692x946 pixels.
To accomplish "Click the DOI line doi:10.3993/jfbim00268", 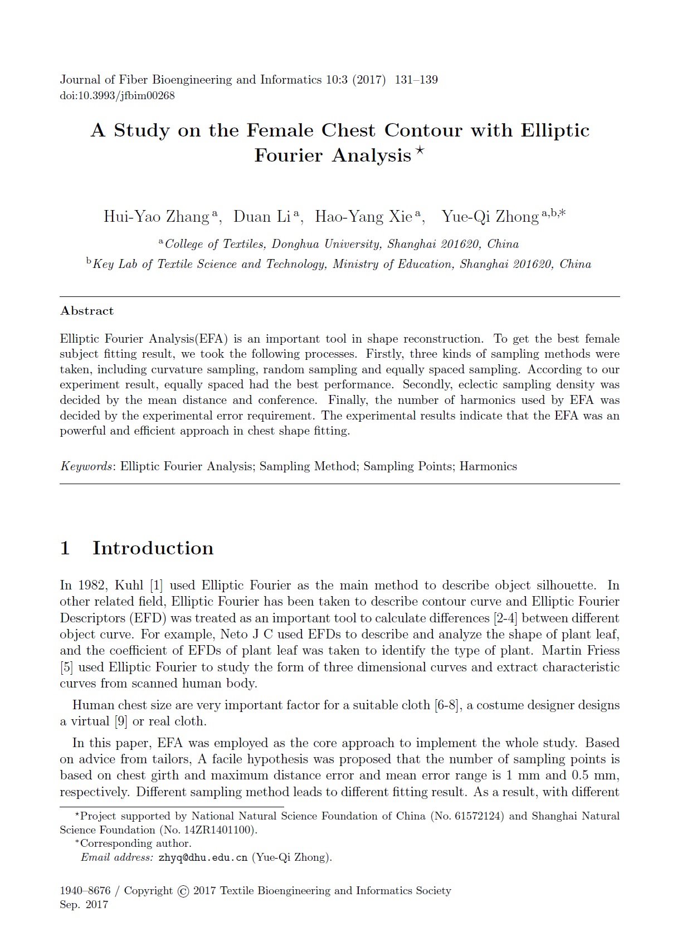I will [117, 95].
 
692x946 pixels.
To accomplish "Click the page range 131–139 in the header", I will [416, 80].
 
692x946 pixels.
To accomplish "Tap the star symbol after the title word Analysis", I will [420, 151].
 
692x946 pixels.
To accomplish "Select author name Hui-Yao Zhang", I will [156, 217].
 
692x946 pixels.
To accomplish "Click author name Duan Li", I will [262, 217].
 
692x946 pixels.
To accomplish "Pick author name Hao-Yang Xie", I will [363, 217].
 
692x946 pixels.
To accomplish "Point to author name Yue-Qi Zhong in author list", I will [490, 217].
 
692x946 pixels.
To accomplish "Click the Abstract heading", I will [87, 311].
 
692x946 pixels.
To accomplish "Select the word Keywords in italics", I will [86, 466].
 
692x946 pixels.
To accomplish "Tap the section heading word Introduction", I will [153, 548].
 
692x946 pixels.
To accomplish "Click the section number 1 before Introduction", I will [65, 548].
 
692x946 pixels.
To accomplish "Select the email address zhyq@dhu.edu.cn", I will [203, 857].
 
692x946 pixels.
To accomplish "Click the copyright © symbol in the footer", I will [183, 891].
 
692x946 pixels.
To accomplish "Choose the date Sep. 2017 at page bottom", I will [84, 905].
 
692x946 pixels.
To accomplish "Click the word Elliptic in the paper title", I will [555, 130].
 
